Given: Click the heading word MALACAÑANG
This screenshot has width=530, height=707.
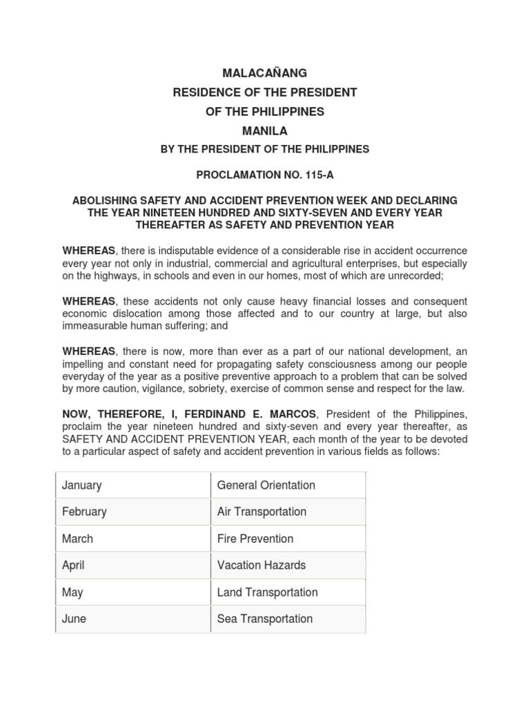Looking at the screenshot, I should (264, 72).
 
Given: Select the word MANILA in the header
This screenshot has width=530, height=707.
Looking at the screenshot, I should (264, 130).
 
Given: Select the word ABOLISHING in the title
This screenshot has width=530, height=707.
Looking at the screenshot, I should (106, 200).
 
